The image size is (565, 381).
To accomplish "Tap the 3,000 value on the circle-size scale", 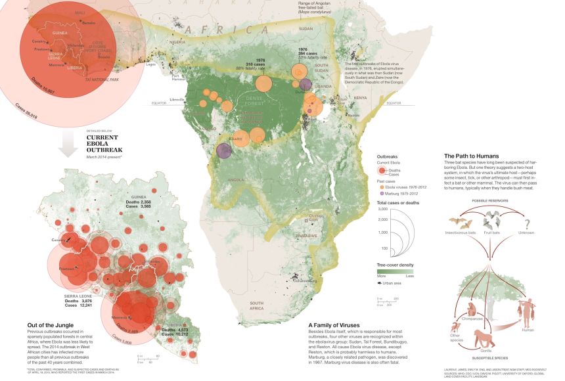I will pyautogui.click(x=387, y=208).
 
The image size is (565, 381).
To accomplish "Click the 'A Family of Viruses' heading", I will pyautogui.click(x=338, y=325).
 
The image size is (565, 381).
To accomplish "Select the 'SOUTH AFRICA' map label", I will pyautogui.click(x=252, y=305).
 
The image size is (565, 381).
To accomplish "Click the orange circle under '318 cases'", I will pyautogui.click(x=263, y=83).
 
